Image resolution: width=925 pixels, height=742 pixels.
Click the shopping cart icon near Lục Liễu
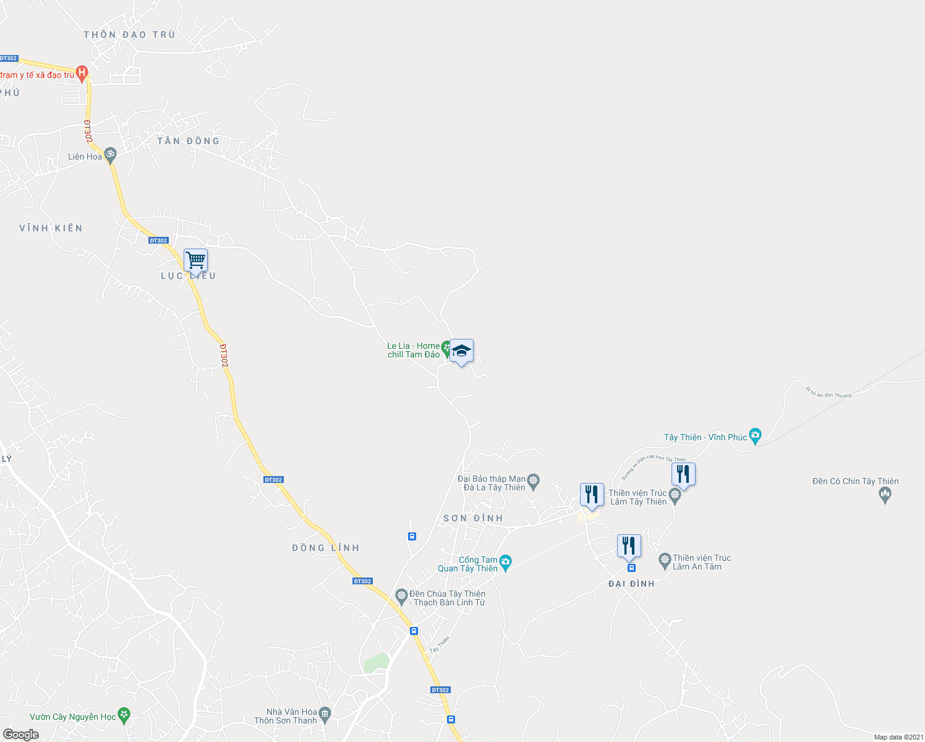pyautogui.click(x=195, y=261)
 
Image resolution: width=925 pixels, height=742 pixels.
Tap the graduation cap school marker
pyautogui.click(x=461, y=351)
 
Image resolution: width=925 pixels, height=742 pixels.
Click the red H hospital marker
pyautogui.click(x=82, y=73)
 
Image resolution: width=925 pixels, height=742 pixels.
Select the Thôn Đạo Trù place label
pyautogui.click(x=130, y=35)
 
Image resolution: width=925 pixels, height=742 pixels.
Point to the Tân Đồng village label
pyautogui.click(x=188, y=141)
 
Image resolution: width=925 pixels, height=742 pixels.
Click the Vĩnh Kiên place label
pyautogui.click(x=51, y=228)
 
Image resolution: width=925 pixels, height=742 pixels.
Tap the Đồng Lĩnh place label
pyautogui.click(x=325, y=548)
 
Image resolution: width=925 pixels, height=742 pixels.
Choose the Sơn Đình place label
pyautogui.click(x=473, y=518)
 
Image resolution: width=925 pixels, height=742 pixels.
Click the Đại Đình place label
pyautogui.click(x=631, y=584)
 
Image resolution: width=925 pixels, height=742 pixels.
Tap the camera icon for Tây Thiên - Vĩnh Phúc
pyautogui.click(x=755, y=436)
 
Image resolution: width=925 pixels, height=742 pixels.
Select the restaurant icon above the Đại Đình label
pyautogui.click(x=628, y=546)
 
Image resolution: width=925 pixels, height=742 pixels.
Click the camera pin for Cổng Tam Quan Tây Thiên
pyautogui.click(x=505, y=563)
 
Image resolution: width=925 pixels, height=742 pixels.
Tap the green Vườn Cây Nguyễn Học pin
pyautogui.click(x=124, y=715)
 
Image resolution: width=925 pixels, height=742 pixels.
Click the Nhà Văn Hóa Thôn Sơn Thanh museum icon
pyautogui.click(x=326, y=715)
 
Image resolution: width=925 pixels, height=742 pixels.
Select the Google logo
pyautogui.click(x=20, y=735)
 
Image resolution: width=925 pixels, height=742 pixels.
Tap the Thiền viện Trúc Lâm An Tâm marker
pyautogui.click(x=665, y=561)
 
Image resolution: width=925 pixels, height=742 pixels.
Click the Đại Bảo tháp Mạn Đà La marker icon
pyautogui.click(x=534, y=480)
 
